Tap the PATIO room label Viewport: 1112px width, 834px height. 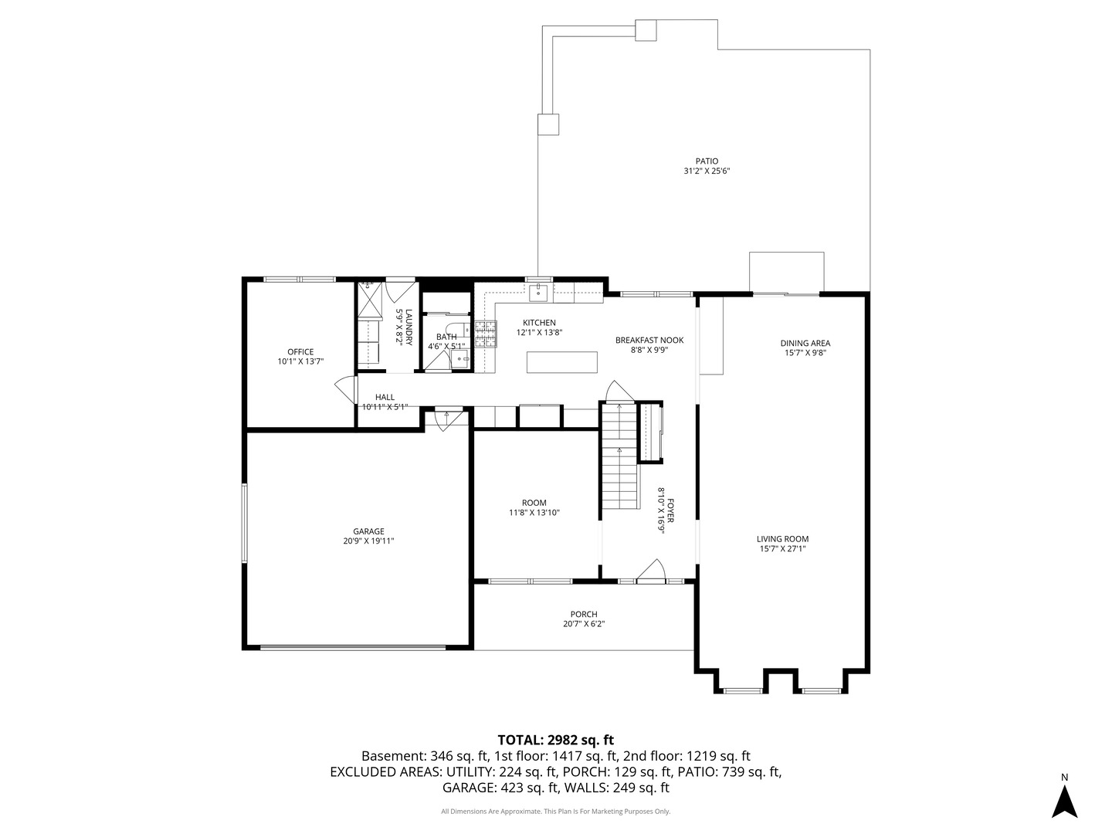coord(707,161)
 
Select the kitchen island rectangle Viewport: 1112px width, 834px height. coord(561,362)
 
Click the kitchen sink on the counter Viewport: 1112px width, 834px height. coord(537,292)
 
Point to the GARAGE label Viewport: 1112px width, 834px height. coord(368,531)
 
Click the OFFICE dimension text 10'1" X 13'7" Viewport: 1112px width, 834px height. coord(300,361)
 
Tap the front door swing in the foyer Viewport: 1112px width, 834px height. coord(651,569)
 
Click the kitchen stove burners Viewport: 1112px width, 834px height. coord(485,334)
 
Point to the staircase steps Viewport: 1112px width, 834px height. coord(619,456)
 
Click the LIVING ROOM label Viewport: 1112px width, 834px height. coord(782,539)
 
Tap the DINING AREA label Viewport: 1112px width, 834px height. coord(805,343)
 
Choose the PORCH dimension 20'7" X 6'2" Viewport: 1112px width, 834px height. coord(584,624)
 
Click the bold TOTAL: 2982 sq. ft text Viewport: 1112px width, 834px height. coord(556,740)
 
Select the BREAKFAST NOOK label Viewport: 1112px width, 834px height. coord(649,340)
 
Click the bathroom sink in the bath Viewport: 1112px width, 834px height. coord(460,360)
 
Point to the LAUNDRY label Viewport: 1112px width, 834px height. coord(409,327)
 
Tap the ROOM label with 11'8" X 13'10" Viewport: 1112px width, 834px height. coord(534,503)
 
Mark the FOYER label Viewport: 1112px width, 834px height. coord(670,511)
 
